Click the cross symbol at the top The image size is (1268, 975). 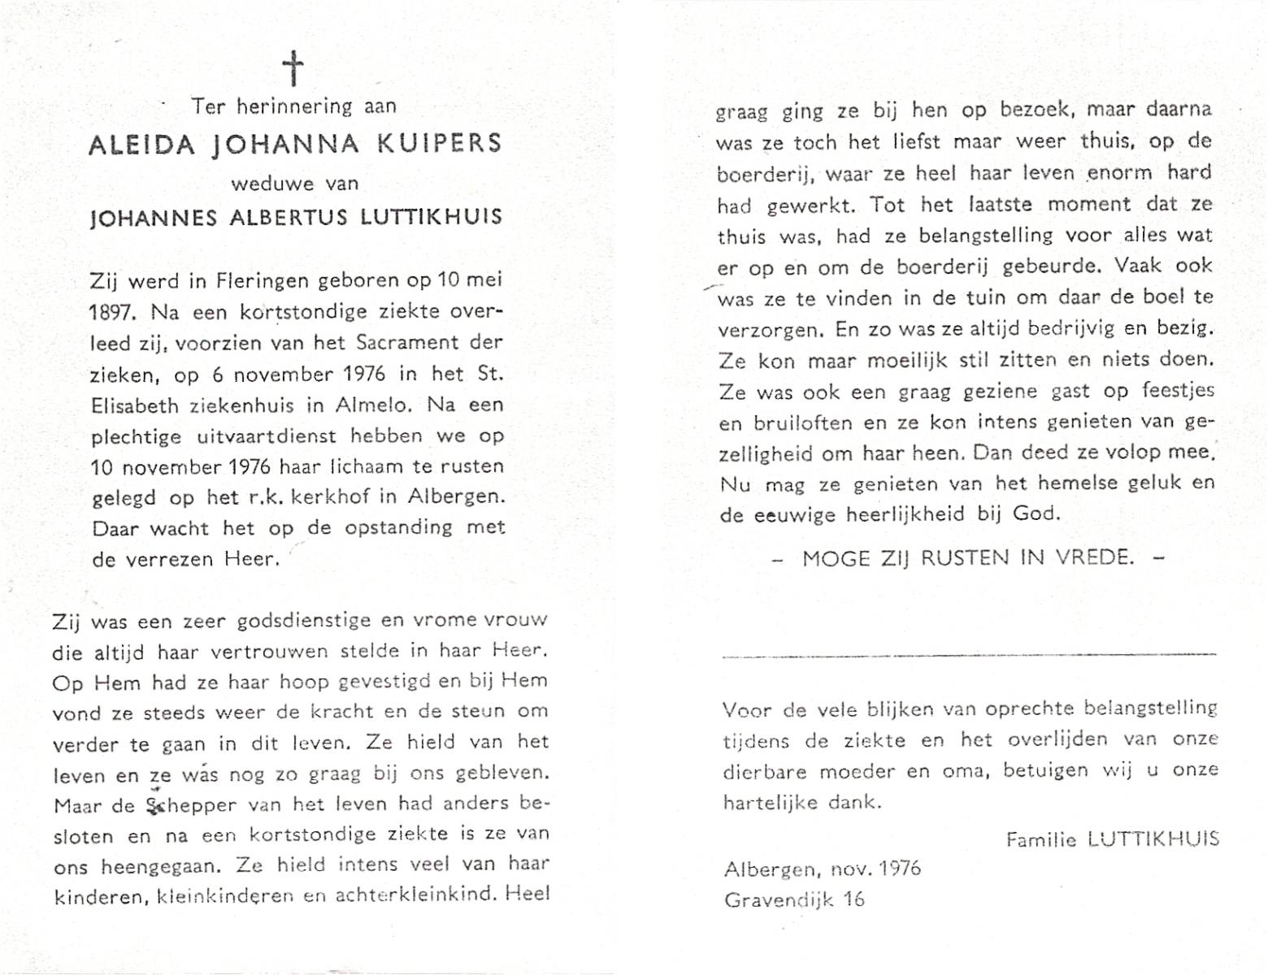pyautogui.click(x=293, y=68)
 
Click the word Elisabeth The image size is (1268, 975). pyautogui.click(x=138, y=405)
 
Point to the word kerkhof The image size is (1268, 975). pyautogui.click(x=332, y=497)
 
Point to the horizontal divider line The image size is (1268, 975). pyautogui.click(x=969, y=654)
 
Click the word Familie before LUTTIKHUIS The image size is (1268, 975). pyautogui.click(x=1041, y=839)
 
